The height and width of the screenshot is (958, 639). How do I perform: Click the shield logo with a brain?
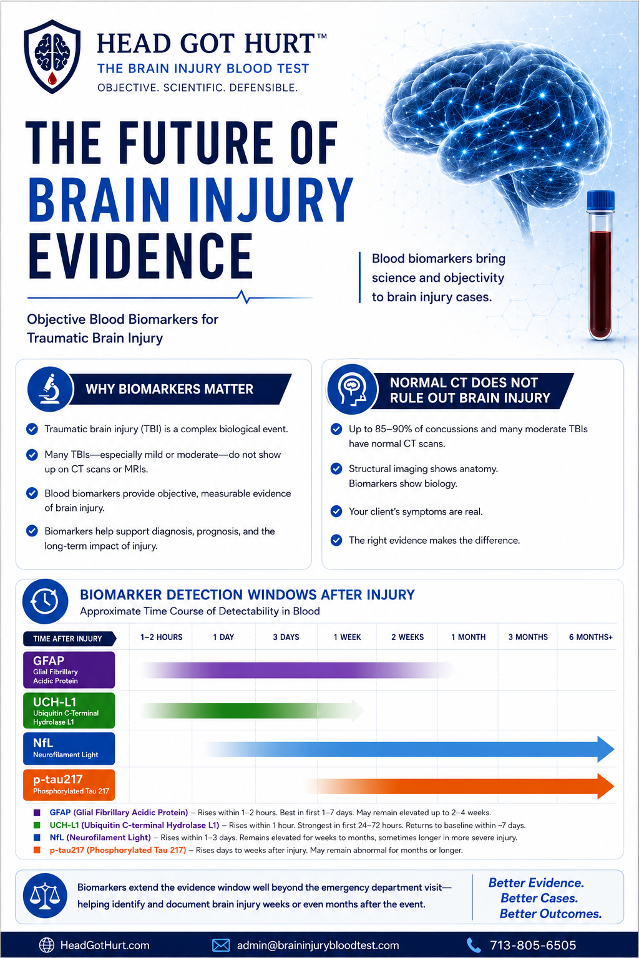point(52,56)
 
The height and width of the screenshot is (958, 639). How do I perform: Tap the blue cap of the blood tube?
point(600,201)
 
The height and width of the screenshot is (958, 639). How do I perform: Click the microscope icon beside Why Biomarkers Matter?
point(50,389)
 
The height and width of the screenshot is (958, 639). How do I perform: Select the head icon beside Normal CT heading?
point(352,389)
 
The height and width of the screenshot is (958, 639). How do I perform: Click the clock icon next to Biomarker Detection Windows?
point(46,601)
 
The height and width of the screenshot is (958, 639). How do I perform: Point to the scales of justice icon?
point(45,896)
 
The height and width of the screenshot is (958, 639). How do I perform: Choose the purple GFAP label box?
point(69,670)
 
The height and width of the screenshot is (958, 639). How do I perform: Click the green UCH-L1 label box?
point(69,710)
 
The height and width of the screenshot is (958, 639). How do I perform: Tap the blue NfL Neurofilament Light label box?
point(69,748)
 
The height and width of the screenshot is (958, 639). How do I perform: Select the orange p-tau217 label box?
point(69,785)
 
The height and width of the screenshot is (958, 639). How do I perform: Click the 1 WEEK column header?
point(347,637)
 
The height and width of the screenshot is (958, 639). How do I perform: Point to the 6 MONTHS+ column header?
point(590,637)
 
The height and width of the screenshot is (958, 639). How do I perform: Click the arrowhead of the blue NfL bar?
point(606,749)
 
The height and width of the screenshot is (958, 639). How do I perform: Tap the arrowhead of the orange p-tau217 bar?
point(606,786)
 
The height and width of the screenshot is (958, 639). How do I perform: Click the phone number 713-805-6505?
point(533,945)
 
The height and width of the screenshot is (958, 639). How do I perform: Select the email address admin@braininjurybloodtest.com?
point(318,945)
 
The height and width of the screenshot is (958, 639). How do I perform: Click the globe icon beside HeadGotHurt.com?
point(47,945)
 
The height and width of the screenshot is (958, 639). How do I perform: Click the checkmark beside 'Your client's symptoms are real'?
point(336,511)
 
